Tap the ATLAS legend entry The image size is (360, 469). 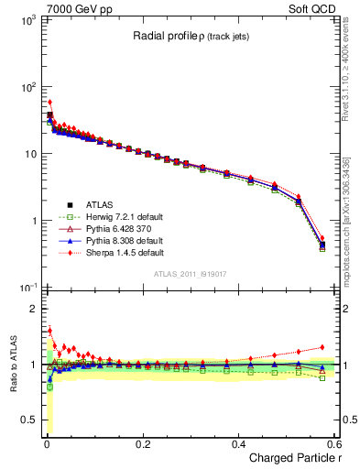click(98, 203)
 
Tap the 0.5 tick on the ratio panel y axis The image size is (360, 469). click(32, 420)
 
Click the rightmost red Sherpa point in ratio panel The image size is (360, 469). click(322, 347)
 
